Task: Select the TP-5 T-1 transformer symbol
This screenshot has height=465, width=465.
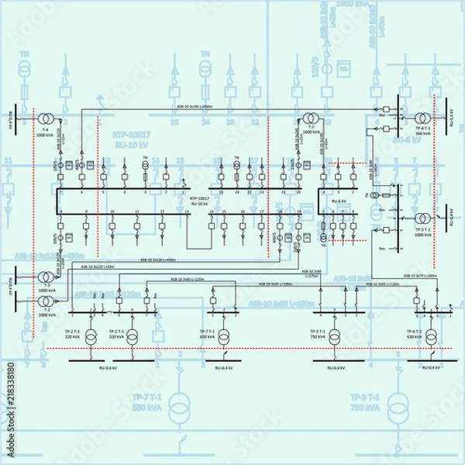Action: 423,219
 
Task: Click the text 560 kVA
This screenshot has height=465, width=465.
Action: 423,133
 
